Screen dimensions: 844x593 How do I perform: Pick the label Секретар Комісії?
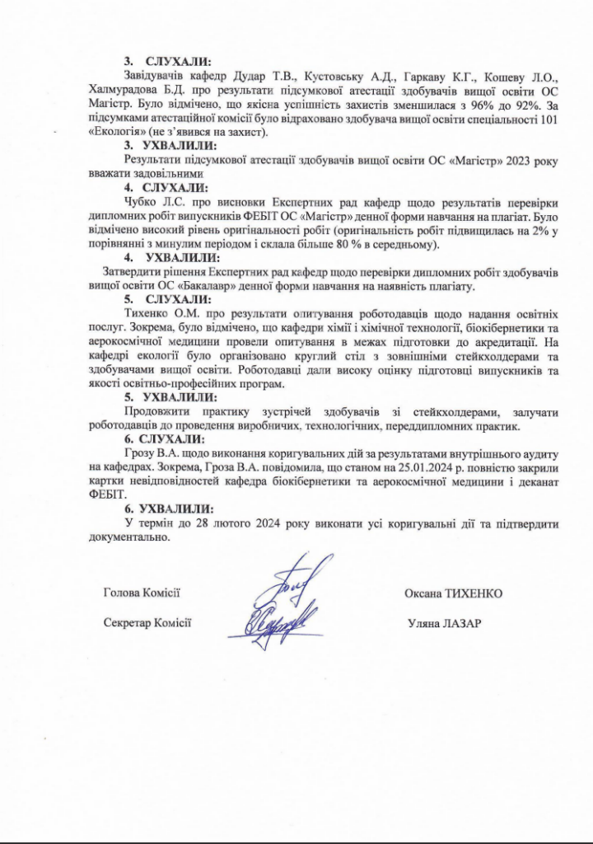click(x=147, y=621)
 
